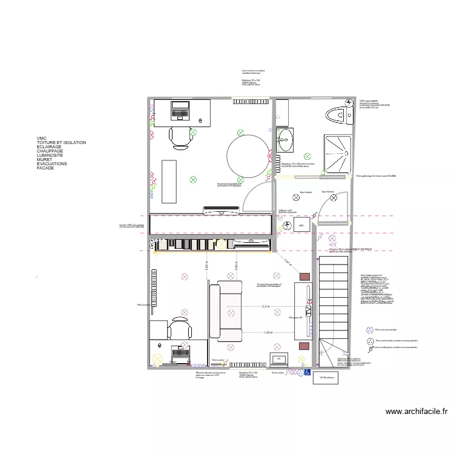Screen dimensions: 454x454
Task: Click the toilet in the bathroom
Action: (x=337, y=114)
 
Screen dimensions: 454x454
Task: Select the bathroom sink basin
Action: (x=285, y=141)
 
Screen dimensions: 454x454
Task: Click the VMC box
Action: (x=301, y=226)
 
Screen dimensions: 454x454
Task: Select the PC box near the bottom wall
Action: (x=278, y=359)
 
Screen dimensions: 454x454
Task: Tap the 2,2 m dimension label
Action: (x=266, y=307)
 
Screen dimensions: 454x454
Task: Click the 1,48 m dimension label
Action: (x=268, y=332)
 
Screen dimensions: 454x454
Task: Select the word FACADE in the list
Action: (x=45, y=168)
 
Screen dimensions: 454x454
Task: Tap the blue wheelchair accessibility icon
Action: (x=308, y=372)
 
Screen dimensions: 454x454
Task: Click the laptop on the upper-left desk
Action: (x=180, y=110)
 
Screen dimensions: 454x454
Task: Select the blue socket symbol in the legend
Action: (x=370, y=330)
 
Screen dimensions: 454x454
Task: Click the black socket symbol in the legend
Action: (x=370, y=341)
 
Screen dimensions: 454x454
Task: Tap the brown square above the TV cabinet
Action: (x=304, y=276)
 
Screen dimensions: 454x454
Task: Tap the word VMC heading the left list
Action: (x=41, y=138)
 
